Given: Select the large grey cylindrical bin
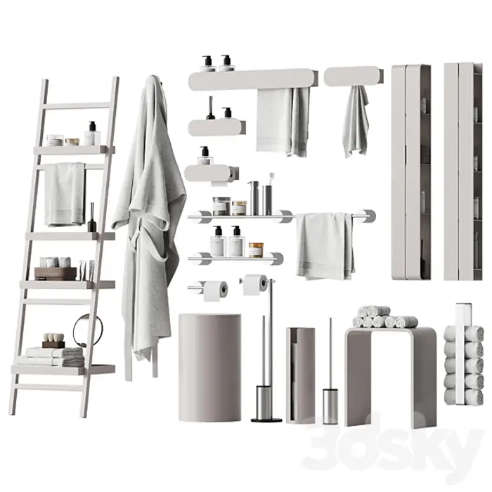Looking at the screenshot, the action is coord(210,367).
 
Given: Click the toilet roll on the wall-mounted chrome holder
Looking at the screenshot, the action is coord(216,290).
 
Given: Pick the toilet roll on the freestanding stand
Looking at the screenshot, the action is coord(254,285).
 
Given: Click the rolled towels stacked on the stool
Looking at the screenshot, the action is coord(384,317).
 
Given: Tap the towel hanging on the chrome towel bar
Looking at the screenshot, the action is coord(325,246).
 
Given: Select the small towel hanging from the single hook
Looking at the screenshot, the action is coord(356,122).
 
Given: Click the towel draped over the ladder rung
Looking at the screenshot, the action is coord(65,195).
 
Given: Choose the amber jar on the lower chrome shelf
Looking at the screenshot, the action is coord(256,250).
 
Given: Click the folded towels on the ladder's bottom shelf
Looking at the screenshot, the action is coord(51,357).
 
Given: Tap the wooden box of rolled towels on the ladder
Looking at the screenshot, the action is coord(56,273).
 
